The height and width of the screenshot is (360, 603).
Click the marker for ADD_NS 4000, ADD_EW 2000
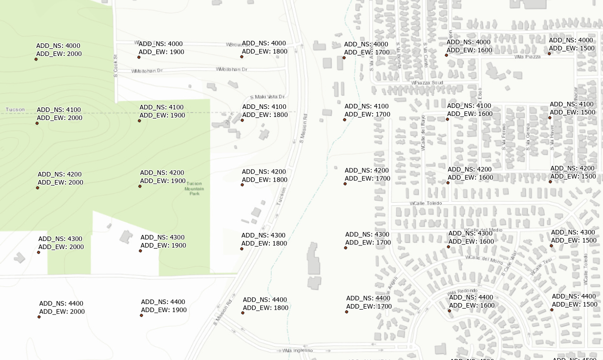[36, 59]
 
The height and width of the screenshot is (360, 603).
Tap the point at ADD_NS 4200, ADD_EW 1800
[242, 185]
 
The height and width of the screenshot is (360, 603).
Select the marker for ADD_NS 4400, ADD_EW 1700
[346, 312]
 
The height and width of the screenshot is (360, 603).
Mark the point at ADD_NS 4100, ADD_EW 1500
[550, 117]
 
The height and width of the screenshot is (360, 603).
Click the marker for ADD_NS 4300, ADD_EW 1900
[140, 251]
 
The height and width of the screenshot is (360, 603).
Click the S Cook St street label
[115, 66]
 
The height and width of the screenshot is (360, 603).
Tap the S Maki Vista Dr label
[268, 96]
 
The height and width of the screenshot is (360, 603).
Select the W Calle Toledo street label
[426, 203]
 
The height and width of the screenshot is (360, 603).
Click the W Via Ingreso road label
[297, 350]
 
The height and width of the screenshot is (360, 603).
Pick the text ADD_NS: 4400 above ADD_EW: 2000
[61, 304]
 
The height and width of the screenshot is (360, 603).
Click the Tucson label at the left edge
[15, 109]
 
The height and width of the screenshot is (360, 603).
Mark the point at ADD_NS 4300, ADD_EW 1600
[448, 247]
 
